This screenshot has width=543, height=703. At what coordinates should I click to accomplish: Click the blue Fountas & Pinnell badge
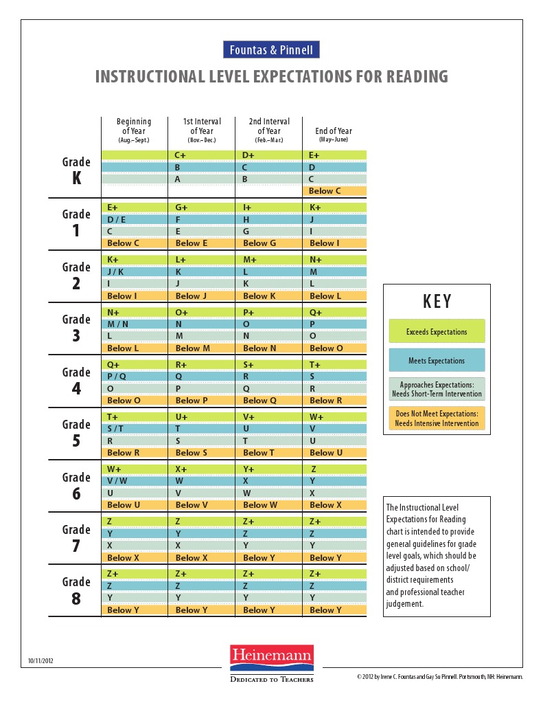click(x=271, y=50)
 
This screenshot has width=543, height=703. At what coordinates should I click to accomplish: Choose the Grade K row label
click(x=76, y=170)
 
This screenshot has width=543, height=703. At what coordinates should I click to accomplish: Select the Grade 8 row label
click(x=76, y=590)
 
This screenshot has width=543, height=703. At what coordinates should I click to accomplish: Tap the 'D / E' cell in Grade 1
click(x=135, y=219)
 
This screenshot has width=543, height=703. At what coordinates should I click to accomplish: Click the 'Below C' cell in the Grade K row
click(x=334, y=191)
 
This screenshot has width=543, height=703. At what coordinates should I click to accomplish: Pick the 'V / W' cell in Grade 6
click(x=135, y=482)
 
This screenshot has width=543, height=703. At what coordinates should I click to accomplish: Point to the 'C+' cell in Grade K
click(x=202, y=156)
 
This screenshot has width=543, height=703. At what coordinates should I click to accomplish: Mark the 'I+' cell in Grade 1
click(x=269, y=207)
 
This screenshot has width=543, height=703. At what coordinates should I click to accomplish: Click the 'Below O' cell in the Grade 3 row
click(x=334, y=348)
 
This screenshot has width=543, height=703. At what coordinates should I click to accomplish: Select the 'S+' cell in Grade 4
click(x=269, y=365)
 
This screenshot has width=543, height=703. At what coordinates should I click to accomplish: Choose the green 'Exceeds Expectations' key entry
click(x=437, y=331)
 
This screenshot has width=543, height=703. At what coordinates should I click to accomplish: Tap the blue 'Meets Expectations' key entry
click(x=437, y=360)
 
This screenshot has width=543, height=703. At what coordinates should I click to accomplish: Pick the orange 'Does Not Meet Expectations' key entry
click(x=437, y=419)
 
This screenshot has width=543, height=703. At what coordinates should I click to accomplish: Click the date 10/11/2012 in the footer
click(x=41, y=661)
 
